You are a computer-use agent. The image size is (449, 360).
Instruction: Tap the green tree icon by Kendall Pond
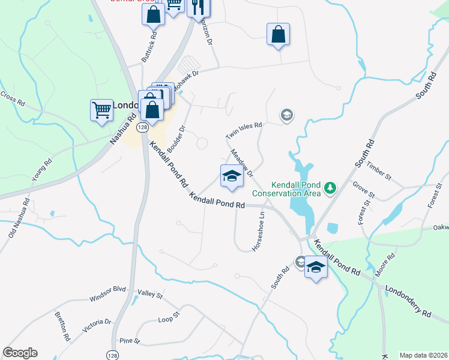coord(330,188)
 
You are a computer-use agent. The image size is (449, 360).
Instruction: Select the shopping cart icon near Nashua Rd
coord(102,110)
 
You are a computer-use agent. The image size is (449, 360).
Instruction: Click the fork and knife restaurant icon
coord(197,7)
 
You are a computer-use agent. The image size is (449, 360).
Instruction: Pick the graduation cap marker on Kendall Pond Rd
coord(232,176)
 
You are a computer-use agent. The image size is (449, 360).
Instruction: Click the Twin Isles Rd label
coord(244,131)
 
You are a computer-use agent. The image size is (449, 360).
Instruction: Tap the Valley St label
coord(150,295)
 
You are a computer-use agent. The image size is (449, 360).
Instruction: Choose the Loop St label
coord(169,317)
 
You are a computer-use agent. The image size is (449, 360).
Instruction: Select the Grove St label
coord(364,190)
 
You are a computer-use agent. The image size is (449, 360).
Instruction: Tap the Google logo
coord(20,353)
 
